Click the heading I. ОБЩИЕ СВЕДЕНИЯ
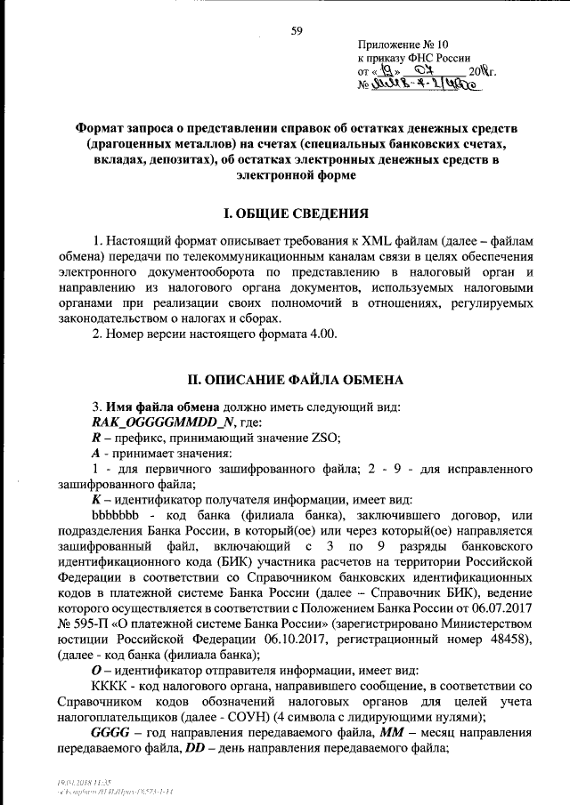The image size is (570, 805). (x=295, y=213)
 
